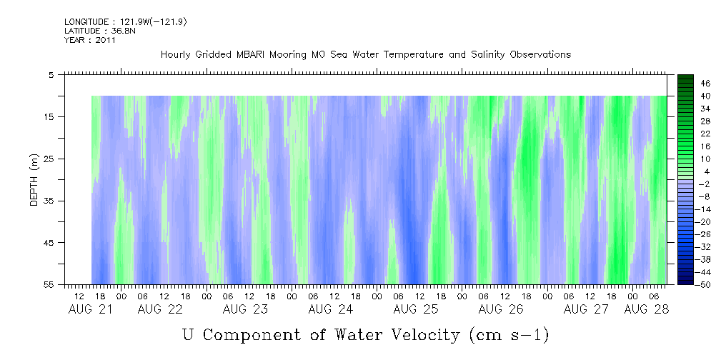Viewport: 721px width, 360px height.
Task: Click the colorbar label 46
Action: (685, 84)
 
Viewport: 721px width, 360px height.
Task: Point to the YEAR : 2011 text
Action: (90, 40)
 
